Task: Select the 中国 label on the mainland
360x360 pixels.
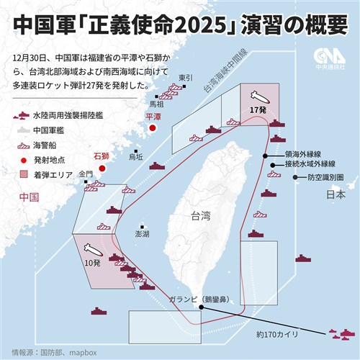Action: (x=28, y=197)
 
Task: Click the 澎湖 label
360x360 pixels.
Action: (x=143, y=234)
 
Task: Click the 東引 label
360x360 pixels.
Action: (x=186, y=77)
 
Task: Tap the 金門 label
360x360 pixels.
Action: (x=86, y=174)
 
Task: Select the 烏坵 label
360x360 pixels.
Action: (x=135, y=156)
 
